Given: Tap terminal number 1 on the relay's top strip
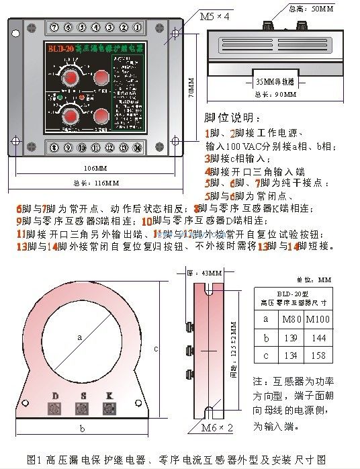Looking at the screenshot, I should tap(137, 28).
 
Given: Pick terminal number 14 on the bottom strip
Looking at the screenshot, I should tap(137, 147).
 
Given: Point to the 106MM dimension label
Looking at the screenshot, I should tap(95, 167).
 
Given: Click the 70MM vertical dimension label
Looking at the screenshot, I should tap(191, 88).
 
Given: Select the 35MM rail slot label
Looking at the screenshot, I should tap(275, 81).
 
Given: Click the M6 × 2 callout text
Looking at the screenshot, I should tap(217, 426).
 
